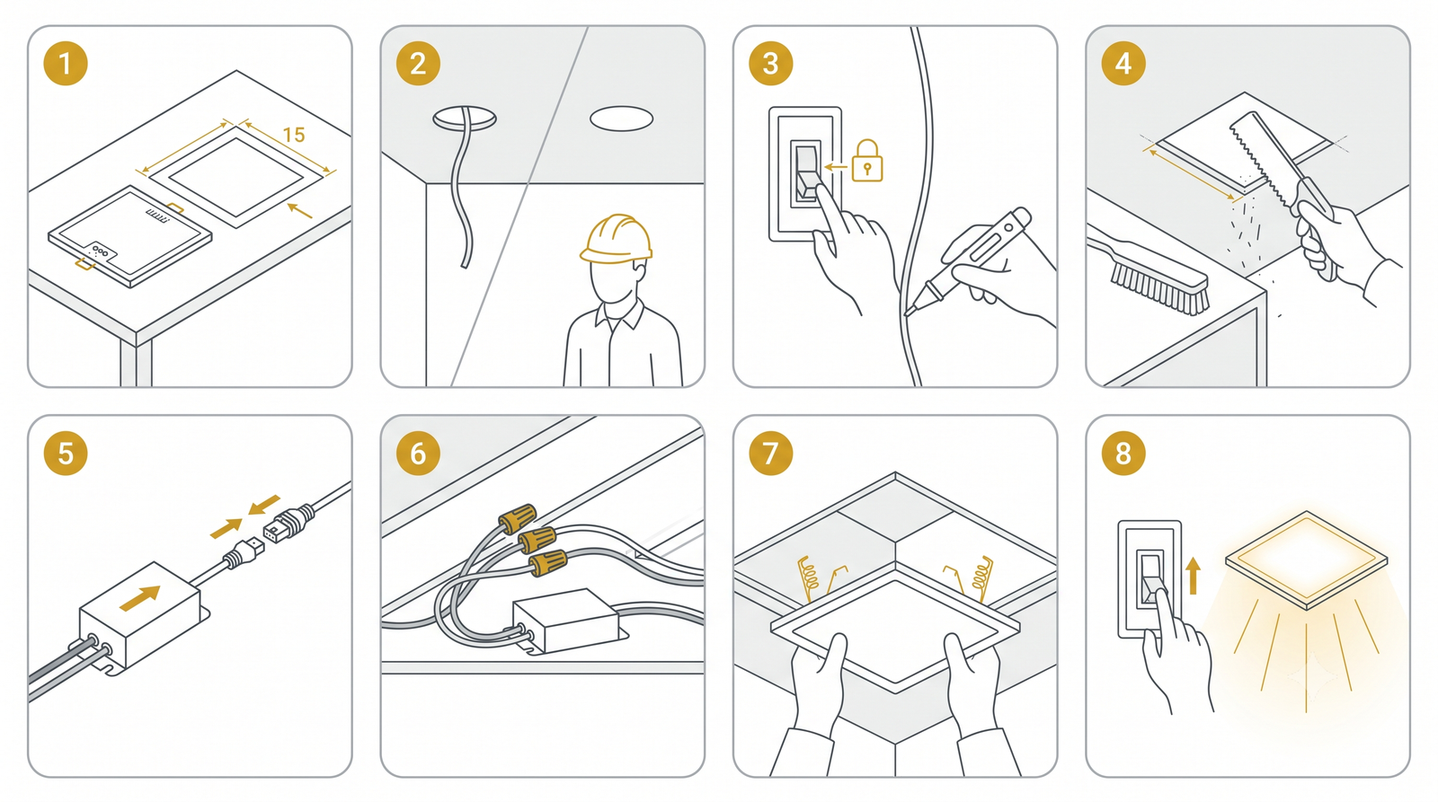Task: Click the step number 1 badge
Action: click(x=66, y=64)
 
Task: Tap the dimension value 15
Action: click(x=293, y=135)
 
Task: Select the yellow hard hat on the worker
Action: click(x=616, y=239)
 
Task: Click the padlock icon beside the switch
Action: click(x=867, y=161)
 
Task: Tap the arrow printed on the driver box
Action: click(x=140, y=598)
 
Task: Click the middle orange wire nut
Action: click(x=537, y=540)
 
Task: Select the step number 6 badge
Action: click(x=418, y=453)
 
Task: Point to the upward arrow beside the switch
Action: click(x=1194, y=576)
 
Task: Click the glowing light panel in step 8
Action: click(x=1307, y=560)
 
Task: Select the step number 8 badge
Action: click(x=1123, y=453)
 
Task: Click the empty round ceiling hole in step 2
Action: click(x=621, y=119)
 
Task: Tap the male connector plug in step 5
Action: click(x=243, y=554)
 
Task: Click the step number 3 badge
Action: click(x=770, y=64)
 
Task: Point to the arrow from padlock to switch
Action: click(x=836, y=167)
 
